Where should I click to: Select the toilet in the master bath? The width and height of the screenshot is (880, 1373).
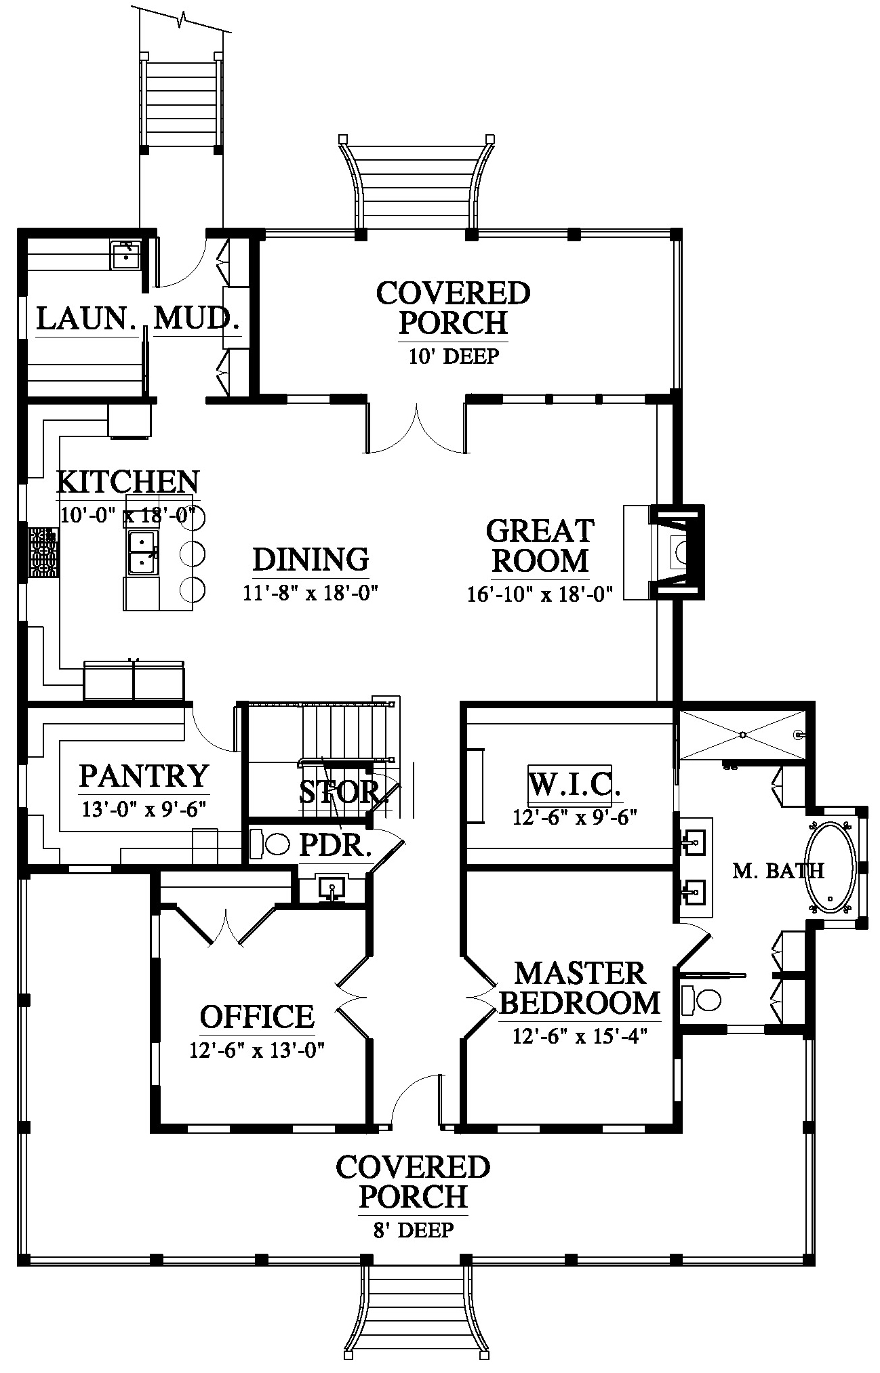click(x=701, y=999)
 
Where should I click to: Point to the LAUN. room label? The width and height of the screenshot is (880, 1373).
click(x=86, y=318)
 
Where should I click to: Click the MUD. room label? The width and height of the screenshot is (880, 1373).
click(x=197, y=318)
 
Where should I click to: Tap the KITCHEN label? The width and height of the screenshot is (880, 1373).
click(x=127, y=482)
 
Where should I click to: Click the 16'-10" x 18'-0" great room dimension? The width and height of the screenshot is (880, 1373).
click(x=540, y=594)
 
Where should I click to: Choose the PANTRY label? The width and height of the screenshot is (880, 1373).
click(x=144, y=776)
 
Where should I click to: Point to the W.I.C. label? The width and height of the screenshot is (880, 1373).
click(x=575, y=785)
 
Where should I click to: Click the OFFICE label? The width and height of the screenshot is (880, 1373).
click(x=258, y=1017)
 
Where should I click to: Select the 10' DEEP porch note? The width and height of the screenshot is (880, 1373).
click(x=454, y=356)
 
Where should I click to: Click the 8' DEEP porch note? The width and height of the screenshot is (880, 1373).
click(x=413, y=1229)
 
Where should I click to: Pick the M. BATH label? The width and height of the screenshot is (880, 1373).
click(x=778, y=871)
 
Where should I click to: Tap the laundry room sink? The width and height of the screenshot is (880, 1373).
click(x=125, y=255)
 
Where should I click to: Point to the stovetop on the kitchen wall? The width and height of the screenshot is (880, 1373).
click(x=42, y=553)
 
